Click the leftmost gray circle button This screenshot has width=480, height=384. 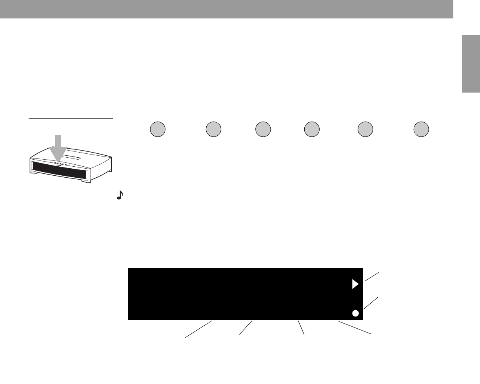click(x=158, y=129)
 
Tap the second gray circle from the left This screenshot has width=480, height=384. click(x=213, y=129)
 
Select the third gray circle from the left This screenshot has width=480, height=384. click(x=263, y=129)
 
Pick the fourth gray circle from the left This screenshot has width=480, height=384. click(x=312, y=129)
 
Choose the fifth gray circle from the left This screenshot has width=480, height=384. click(x=365, y=129)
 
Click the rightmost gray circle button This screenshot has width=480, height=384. click(x=421, y=129)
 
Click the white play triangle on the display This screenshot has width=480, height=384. click(x=355, y=284)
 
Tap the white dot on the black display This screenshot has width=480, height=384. click(x=355, y=313)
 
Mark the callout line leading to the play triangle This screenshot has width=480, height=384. click(x=372, y=276)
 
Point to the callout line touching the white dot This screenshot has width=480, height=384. click(x=371, y=304)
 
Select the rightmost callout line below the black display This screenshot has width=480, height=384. click(x=355, y=328)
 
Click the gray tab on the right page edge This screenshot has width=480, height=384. click(x=471, y=64)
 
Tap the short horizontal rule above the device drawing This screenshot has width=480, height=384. click(x=71, y=118)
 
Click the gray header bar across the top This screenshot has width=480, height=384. click(x=227, y=9)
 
